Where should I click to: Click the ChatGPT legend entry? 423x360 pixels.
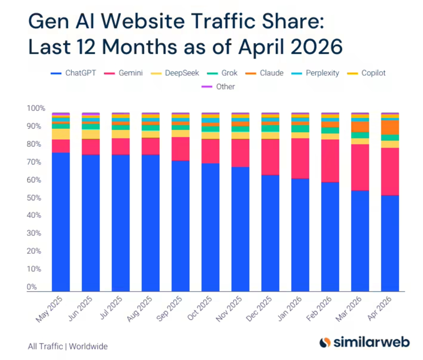[73, 73]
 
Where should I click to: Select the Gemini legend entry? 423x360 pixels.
[123, 73]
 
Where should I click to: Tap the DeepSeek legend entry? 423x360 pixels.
[175, 73]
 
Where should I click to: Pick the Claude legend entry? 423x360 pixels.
[265, 73]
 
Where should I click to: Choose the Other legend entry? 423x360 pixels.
[218, 87]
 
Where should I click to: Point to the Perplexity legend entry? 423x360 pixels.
[315, 73]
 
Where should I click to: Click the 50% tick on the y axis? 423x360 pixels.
[34, 198]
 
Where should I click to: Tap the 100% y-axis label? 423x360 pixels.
[36, 108]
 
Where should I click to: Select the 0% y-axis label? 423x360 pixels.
[32, 287]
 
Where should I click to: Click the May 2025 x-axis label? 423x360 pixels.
[49, 309]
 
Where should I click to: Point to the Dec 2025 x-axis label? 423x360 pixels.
[259, 309]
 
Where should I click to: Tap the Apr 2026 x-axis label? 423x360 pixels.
[379, 308]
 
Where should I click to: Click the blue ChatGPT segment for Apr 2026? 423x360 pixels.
[390, 243]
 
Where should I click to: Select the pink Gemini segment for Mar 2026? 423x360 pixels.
[360, 168]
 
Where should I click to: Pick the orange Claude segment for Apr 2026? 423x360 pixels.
[390, 127]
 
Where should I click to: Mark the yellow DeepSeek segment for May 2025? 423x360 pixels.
[61, 134]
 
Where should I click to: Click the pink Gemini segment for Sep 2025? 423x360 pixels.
[180, 149]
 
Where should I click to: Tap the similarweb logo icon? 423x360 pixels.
[325, 342]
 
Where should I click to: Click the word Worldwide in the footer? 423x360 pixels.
[88, 346]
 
